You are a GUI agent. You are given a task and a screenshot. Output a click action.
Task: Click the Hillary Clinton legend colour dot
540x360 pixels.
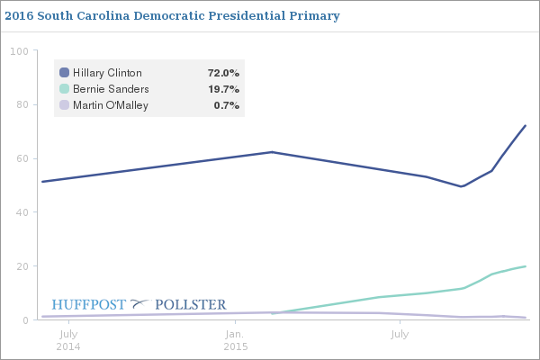(64, 72)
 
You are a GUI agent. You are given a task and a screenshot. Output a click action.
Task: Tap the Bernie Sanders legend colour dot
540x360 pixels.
(64, 89)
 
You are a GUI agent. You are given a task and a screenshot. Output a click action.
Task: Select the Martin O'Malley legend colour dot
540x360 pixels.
(64, 105)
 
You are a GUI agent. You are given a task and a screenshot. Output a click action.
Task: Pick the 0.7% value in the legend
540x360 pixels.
(226, 105)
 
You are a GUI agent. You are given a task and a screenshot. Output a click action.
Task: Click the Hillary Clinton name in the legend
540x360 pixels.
(107, 72)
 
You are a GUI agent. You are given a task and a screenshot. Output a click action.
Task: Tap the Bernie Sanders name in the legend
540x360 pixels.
(111, 89)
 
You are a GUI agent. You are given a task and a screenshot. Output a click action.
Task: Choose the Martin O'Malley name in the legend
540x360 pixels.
(111, 105)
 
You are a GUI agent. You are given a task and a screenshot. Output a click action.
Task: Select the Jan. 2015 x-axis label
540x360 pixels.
(235, 340)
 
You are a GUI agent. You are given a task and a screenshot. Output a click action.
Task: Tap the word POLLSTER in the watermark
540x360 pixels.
(191, 304)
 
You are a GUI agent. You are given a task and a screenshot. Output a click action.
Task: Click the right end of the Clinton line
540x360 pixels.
(525, 126)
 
